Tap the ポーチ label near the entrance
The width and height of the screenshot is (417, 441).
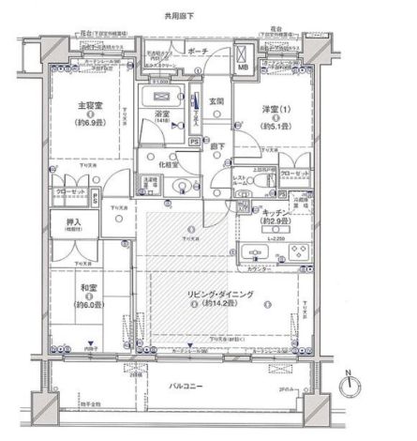tap(198, 53)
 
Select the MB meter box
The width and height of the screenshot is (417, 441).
tap(244, 68)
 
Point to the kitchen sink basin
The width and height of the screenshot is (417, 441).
tap(256, 253)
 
